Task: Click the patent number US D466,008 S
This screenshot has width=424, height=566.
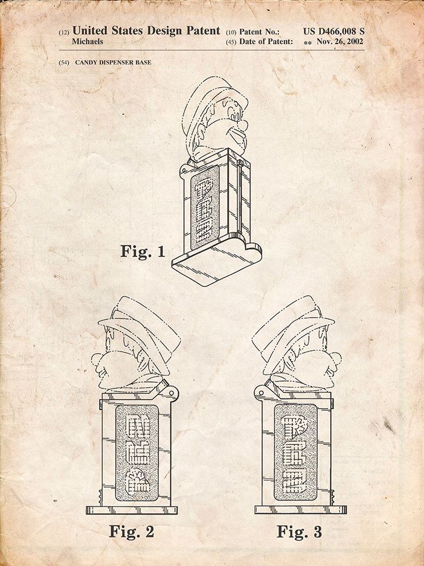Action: click(334, 31)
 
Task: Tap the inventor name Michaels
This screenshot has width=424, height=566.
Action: click(87, 41)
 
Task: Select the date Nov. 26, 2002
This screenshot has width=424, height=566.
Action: click(340, 41)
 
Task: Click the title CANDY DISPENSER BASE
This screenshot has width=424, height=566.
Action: click(113, 62)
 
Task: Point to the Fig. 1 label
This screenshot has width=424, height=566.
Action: click(143, 251)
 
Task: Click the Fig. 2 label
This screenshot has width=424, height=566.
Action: click(132, 531)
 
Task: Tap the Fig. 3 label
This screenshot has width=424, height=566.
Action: click(299, 531)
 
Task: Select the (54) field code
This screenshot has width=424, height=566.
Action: click(64, 62)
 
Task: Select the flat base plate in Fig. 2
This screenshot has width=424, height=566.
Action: click(132, 510)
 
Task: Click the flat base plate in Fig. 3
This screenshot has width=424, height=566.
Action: click(300, 509)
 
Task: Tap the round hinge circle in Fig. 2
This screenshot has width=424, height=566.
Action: click(172, 392)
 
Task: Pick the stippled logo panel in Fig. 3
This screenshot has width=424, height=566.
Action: click(296, 452)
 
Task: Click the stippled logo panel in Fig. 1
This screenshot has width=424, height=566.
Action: click(205, 208)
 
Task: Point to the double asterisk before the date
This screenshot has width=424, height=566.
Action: click(308, 43)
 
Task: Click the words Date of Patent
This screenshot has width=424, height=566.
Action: click(266, 41)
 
